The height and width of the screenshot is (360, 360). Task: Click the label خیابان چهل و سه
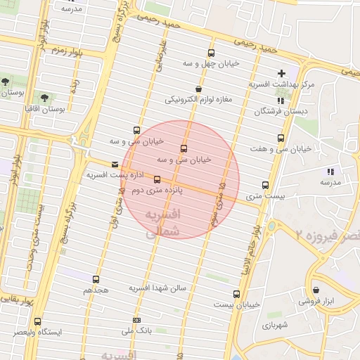point(211,63)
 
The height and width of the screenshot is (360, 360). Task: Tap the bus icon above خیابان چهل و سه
point(211,53)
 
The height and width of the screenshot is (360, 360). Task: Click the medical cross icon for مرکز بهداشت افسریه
point(282,73)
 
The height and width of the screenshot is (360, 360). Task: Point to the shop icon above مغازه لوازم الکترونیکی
point(198,89)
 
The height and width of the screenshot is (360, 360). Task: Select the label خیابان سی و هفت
point(281,149)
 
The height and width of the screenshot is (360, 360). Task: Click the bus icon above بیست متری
point(265,186)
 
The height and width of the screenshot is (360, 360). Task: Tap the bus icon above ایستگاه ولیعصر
point(37,321)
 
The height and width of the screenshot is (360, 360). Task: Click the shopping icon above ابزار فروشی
point(316,290)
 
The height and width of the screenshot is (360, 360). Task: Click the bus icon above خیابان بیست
point(236,294)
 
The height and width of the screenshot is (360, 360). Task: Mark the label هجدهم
point(96,290)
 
